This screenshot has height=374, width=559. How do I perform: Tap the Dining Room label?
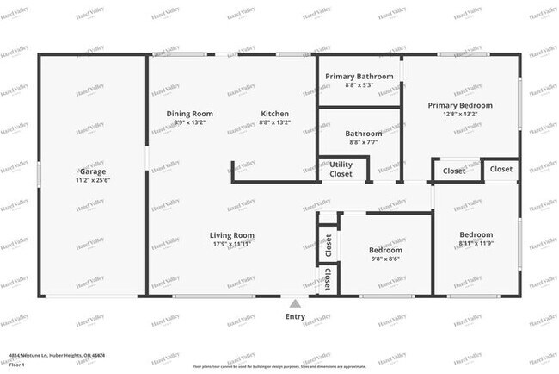[189, 114]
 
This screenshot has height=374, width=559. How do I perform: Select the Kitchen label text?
[275, 114]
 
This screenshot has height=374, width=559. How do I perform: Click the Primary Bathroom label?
[359, 77]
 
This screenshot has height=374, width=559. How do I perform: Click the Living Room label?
[232, 234]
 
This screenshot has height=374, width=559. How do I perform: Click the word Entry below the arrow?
[295, 317]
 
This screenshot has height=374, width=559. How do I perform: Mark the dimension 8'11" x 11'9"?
[476, 243]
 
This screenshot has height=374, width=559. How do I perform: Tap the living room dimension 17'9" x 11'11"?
[232, 243]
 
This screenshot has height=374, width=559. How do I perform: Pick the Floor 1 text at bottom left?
[17, 365]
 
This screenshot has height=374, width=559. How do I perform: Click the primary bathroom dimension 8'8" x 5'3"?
[359, 84]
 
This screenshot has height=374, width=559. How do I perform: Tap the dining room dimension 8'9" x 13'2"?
[189, 122]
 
